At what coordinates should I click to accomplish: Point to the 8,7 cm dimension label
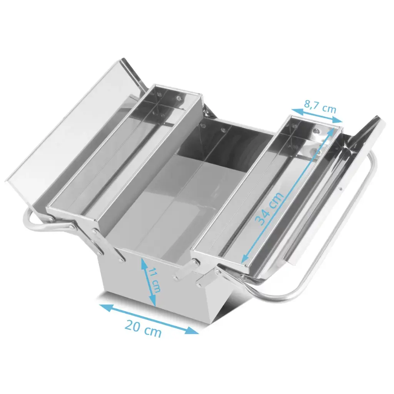click(x=320, y=106)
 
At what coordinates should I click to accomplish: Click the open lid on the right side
click(x=339, y=185)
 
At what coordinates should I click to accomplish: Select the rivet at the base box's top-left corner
click(x=122, y=260)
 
